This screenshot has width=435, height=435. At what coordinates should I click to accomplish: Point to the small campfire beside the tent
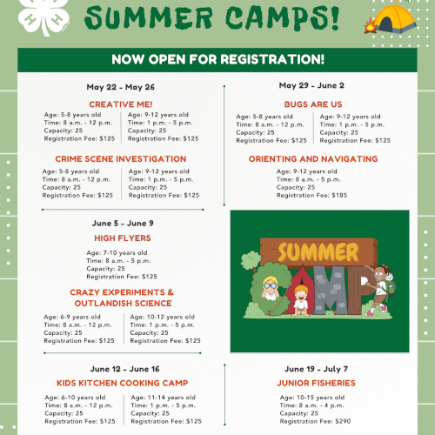click(x=370, y=26)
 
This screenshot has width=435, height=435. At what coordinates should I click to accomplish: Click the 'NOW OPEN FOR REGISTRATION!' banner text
click(x=217, y=59)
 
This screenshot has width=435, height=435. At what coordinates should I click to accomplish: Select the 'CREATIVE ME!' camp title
click(x=121, y=104)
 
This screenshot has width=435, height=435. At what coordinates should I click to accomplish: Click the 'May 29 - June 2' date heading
click(x=311, y=85)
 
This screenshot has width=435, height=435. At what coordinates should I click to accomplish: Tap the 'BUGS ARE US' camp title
click(x=313, y=104)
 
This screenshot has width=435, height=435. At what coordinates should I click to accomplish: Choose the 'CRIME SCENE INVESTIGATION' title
click(x=121, y=159)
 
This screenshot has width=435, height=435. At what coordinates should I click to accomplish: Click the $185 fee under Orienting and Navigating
click(x=339, y=195)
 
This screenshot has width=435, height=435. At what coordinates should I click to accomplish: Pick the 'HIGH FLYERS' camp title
click(x=123, y=238)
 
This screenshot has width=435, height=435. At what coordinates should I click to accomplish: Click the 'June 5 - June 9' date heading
click(x=123, y=224)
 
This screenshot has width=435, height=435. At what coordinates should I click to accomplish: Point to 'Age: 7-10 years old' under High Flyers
click(x=117, y=253)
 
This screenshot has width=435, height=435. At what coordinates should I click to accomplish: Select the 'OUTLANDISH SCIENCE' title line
click(x=123, y=304)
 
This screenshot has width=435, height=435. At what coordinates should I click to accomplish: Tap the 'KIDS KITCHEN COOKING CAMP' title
click(x=123, y=383)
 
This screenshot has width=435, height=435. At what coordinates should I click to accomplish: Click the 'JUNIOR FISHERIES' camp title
click(x=316, y=383)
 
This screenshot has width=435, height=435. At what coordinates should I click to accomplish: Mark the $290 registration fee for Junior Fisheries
click(x=343, y=421)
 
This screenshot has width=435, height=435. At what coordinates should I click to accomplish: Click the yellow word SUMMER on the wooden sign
click(x=318, y=251)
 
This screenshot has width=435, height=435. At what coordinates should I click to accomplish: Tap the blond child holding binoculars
click(x=271, y=288)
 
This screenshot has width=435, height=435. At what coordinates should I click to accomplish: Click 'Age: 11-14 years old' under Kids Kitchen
click(x=163, y=398)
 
